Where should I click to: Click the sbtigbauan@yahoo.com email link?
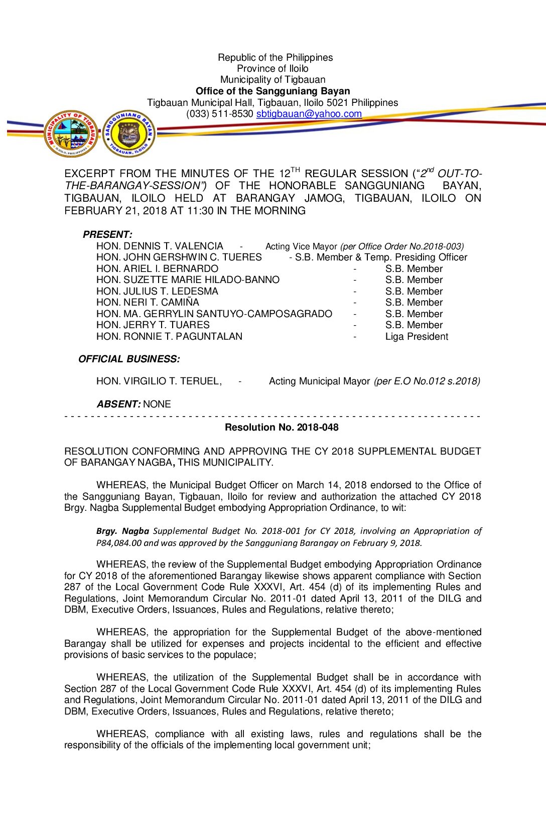pyautogui.click(x=309, y=114)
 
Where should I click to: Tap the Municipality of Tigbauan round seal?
pyautogui.click(x=71, y=133)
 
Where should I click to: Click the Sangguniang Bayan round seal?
pyautogui.click(x=129, y=133)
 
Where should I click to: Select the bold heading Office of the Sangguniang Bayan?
pyautogui.click(x=272, y=91)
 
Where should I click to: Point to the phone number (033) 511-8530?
pyautogui.click(x=219, y=114)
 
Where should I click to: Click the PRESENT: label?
pyautogui.click(x=107, y=234)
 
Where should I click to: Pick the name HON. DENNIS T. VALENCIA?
pyautogui.click(x=160, y=246)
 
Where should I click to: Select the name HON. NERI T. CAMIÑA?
pyautogui.click(x=148, y=302)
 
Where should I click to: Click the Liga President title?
pyautogui.click(x=417, y=336)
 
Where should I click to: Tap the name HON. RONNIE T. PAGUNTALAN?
pyautogui.click(x=169, y=336)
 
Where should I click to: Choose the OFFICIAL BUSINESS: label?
pyautogui.click(x=129, y=359)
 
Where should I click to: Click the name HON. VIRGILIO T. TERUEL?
pyautogui.click(x=159, y=381)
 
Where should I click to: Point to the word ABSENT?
pyautogui.click(x=118, y=404)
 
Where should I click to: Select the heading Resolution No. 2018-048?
pyautogui.click(x=282, y=427)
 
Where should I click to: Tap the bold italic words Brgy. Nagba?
pyautogui.click(x=122, y=531)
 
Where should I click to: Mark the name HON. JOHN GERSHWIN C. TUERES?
pyautogui.click(x=179, y=257)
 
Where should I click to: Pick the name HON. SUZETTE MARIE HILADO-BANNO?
pyautogui.click(x=188, y=280)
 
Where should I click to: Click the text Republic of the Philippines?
pyautogui.click(x=275, y=58)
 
